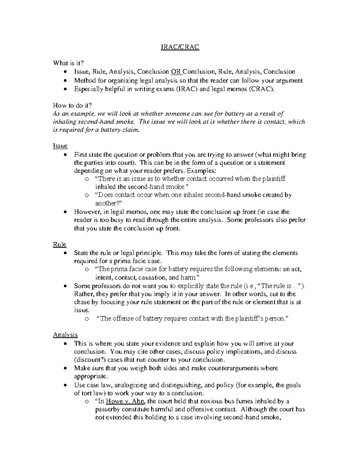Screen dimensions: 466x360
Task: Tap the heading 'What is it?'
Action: click(68, 63)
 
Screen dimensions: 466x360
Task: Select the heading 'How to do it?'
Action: click(72, 105)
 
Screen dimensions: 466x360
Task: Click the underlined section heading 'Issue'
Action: click(60, 146)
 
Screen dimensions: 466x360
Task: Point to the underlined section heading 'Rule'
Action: click(59, 245)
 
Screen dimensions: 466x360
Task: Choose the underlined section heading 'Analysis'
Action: click(65, 335)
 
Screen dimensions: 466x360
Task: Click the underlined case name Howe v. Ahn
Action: click(124, 401)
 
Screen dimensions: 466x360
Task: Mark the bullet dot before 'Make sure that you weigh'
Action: click(65, 368)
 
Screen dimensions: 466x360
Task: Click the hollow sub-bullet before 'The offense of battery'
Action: click(87, 319)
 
